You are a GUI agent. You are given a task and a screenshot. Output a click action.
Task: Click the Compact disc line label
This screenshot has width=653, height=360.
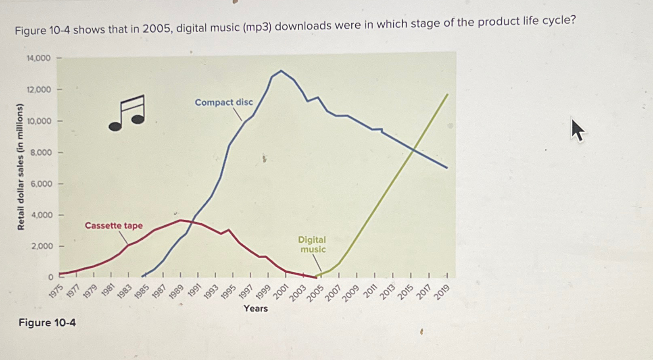click(x=224, y=102)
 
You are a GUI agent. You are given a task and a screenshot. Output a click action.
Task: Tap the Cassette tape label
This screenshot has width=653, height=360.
click(x=113, y=226)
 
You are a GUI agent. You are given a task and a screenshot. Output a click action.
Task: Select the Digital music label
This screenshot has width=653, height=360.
click(x=312, y=244)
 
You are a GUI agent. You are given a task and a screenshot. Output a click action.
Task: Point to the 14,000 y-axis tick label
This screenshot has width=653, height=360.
click(x=38, y=58)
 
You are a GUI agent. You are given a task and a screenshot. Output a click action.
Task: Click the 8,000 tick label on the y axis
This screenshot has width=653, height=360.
click(x=41, y=152)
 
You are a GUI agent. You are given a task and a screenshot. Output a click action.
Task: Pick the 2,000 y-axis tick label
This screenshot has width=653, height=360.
click(x=42, y=246)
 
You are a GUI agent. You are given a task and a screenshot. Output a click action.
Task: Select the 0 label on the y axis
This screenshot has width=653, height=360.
click(x=50, y=277)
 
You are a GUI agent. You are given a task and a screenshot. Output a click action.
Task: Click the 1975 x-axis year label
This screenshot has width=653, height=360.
click(x=56, y=291)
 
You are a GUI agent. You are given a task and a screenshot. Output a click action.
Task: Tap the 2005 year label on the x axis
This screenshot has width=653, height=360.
click(x=315, y=293)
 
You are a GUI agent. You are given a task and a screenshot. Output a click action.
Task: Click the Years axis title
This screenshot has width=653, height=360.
click(x=255, y=308)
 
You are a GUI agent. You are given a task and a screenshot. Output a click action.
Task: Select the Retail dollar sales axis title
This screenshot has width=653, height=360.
click(x=20, y=166)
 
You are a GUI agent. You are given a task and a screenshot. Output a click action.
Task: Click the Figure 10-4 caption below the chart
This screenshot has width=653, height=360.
click(x=47, y=323)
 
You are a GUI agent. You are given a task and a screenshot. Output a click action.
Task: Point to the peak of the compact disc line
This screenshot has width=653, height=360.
click(x=281, y=71)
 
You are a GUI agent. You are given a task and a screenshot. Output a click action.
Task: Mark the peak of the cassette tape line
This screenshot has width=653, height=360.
click(x=180, y=220)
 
